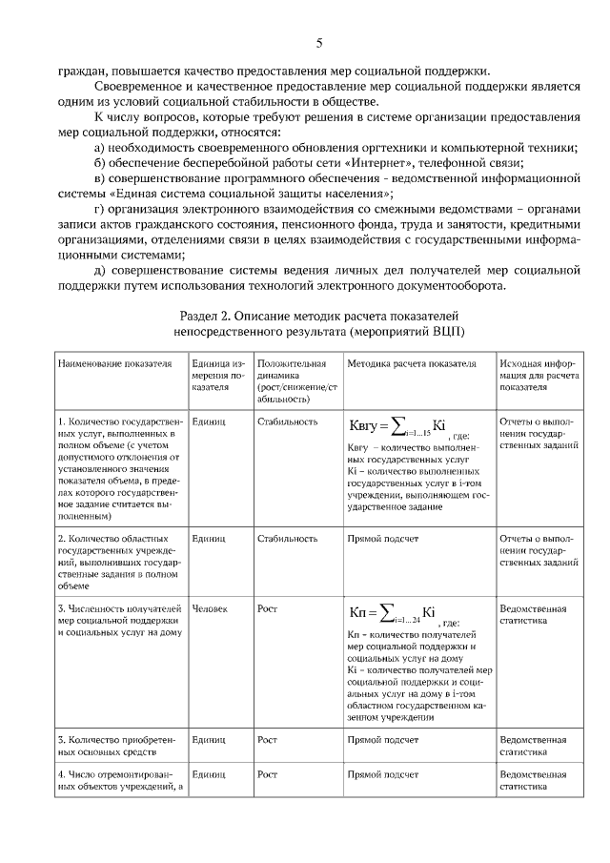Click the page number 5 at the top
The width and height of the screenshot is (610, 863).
(319, 43)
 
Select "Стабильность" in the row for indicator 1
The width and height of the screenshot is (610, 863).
(287, 421)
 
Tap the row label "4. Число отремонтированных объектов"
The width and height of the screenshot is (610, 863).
(119, 780)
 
